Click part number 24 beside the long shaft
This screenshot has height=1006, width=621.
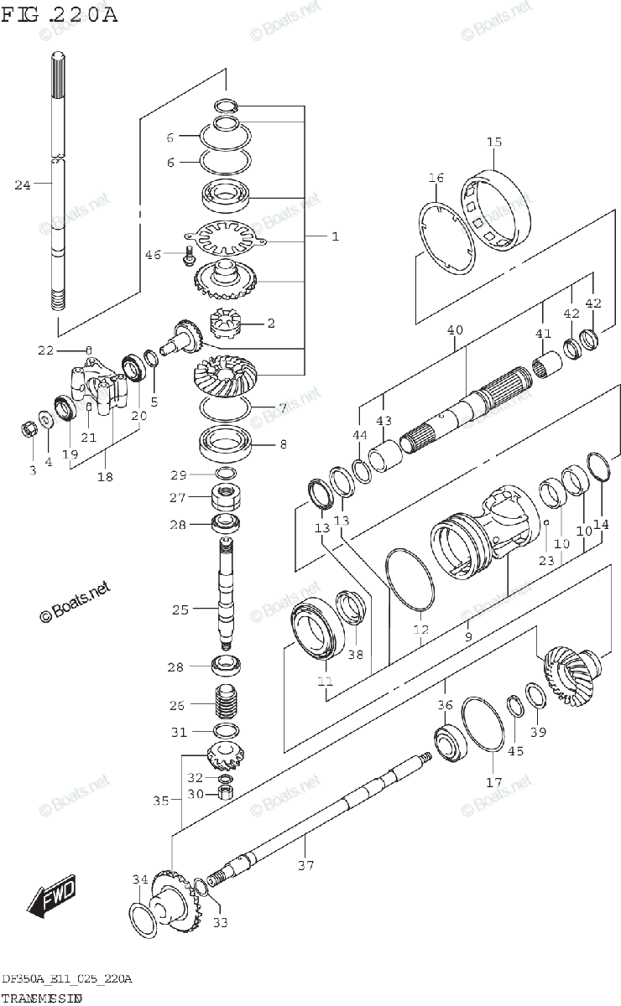point(23,184)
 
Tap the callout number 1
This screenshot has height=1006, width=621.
point(334,237)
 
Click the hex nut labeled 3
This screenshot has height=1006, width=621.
point(28,430)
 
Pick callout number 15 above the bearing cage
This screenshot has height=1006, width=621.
point(493,141)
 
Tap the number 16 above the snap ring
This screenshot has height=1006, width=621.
point(435,178)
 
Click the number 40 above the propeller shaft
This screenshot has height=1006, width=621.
point(455,330)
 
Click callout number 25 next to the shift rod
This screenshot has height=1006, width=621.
point(180,609)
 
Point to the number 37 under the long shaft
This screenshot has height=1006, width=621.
point(306,865)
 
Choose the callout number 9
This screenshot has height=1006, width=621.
point(467,636)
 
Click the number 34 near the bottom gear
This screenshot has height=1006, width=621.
point(139,879)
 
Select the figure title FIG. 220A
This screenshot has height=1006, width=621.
point(59,15)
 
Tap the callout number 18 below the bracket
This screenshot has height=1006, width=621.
point(105,477)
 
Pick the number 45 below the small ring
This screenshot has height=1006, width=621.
point(515,750)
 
